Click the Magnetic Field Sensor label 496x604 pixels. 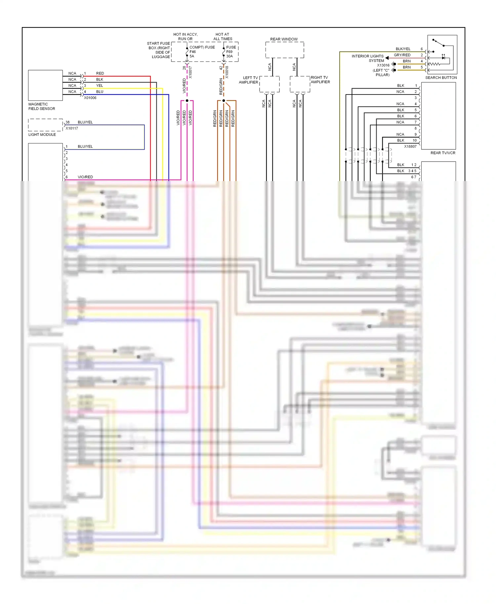pyautogui.click(x=41, y=106)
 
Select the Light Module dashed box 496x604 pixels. pyautogui.click(x=45, y=125)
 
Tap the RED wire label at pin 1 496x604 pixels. pyautogui.click(x=100, y=73)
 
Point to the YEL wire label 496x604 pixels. pyautogui.click(x=100, y=86)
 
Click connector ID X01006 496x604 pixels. pyautogui.click(x=90, y=98)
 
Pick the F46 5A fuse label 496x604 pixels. pyautogui.click(x=192, y=54)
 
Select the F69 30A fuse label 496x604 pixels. pyautogui.click(x=229, y=54)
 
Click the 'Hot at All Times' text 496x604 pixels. pyautogui.click(x=223, y=37)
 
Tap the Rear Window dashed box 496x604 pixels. pyautogui.click(x=284, y=50)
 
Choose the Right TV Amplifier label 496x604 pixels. pyautogui.click(x=320, y=80)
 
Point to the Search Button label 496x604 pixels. pyautogui.click(x=441, y=78)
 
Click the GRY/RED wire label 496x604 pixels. pyautogui.click(x=402, y=55)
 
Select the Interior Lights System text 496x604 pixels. pyautogui.click(x=368, y=58)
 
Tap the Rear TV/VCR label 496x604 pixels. pyautogui.click(x=442, y=153)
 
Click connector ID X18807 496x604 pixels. pyautogui.click(x=410, y=146)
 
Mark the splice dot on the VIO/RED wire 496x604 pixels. pyautogui.click(x=187, y=100)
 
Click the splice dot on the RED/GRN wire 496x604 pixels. pyautogui.click(x=224, y=100)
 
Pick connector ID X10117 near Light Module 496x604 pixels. pyautogui.click(x=72, y=129)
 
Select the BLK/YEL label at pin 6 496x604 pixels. pyautogui.click(x=403, y=49)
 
